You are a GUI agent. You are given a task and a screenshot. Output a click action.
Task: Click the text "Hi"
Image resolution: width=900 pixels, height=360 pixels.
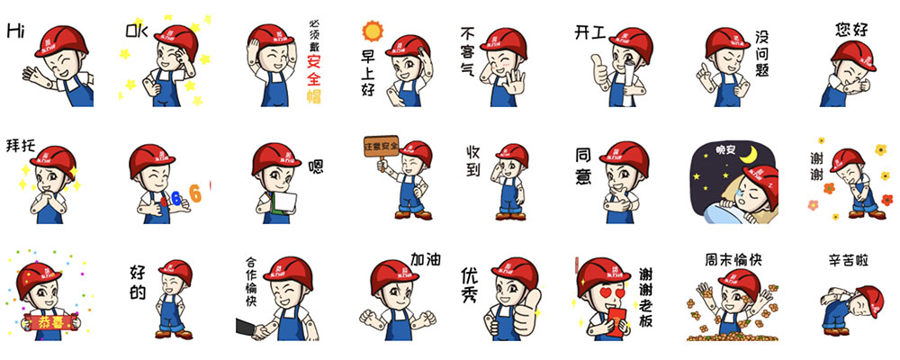click(x=14, y=31)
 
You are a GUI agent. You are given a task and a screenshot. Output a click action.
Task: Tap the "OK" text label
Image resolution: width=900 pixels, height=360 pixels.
click(x=135, y=32)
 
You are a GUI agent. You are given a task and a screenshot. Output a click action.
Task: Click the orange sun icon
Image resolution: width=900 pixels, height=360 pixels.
click(x=373, y=32)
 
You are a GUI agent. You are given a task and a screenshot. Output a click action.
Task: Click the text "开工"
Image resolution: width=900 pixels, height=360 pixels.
click(x=590, y=33)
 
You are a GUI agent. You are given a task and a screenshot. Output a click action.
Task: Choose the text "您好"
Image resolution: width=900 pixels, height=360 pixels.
click(x=850, y=30)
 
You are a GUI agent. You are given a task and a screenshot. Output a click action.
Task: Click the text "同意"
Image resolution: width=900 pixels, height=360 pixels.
click(x=583, y=166)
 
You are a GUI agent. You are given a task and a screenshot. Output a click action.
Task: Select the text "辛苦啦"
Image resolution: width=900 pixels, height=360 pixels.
click(x=848, y=260)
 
